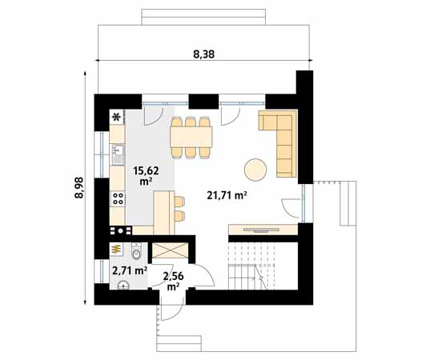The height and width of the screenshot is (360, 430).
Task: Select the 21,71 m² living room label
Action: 227,195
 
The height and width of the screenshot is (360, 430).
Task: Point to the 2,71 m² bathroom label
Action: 129,270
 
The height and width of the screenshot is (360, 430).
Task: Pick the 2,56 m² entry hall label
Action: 173,281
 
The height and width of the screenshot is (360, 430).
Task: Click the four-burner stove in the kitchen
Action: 118,198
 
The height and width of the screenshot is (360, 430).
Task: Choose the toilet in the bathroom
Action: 137,254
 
